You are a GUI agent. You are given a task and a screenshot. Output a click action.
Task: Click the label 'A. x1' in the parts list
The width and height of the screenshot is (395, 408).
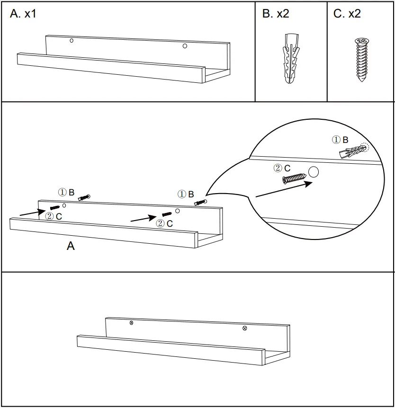click(23, 14)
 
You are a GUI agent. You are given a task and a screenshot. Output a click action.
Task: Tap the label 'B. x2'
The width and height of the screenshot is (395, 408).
click(276, 14)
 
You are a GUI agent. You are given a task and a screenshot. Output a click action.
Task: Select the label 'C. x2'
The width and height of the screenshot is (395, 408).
click(347, 14)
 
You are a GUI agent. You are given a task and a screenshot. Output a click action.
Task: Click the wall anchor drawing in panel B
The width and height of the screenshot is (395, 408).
click(291, 58)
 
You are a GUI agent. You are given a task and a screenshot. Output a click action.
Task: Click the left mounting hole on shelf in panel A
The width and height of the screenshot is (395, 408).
click(72, 41)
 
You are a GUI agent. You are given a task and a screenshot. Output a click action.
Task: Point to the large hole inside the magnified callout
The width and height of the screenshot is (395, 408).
click(313, 173)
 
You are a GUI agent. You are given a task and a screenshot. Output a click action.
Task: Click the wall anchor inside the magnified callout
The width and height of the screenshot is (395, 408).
click(353, 151)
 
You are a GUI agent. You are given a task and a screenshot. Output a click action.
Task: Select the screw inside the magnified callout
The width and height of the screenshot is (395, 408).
click(294, 178)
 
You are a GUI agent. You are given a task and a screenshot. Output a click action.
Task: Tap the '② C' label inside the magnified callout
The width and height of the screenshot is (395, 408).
click(282, 168)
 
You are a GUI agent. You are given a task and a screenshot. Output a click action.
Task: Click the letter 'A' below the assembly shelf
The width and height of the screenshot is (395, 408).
click(71, 246)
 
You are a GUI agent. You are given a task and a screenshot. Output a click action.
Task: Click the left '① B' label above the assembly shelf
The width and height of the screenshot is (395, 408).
click(66, 192)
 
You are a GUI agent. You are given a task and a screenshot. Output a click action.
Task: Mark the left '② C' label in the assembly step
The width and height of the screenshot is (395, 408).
click(53, 216)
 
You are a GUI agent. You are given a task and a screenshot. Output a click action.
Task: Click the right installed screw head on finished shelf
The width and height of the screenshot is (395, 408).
click(244, 328)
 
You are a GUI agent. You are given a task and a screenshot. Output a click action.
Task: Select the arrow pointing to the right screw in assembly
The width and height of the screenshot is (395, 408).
click(143, 219)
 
